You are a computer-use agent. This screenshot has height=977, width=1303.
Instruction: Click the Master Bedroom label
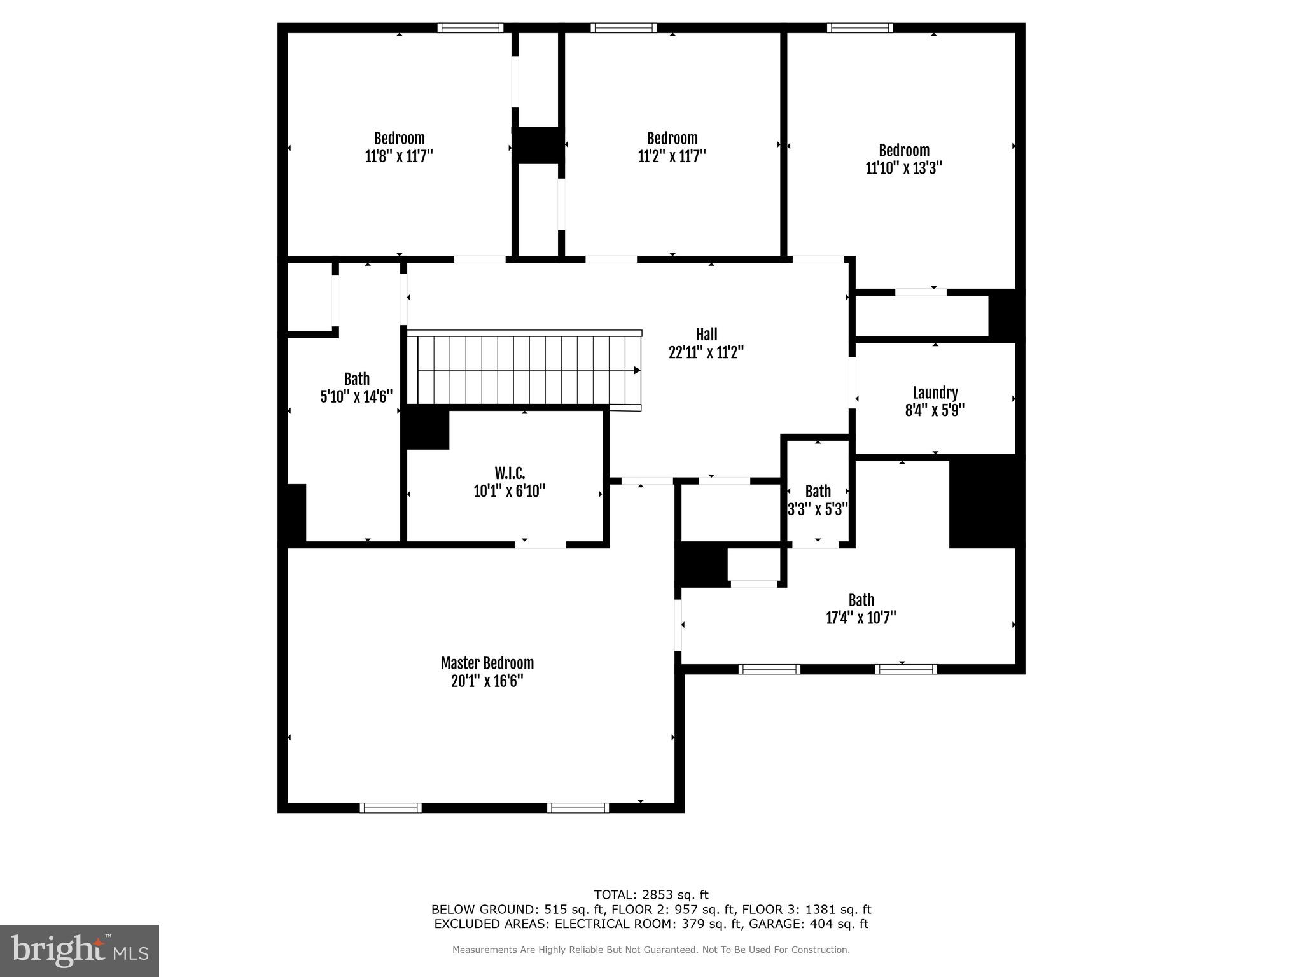coord(487,663)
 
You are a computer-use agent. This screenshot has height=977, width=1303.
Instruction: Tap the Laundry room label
coord(935,393)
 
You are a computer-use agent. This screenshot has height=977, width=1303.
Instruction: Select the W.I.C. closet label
coord(510,473)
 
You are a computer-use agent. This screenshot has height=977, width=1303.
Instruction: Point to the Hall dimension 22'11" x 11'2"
coord(706,352)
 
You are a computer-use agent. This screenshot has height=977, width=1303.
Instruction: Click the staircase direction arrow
coord(636,370)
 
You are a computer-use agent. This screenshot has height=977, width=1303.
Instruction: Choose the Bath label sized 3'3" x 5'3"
coord(818,492)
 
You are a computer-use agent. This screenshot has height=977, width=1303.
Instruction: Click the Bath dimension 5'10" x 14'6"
coord(356,397)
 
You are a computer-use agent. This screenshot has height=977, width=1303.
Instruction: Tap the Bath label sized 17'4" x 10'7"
coord(861,600)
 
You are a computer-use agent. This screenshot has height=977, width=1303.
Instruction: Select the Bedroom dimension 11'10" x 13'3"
coord(903,169)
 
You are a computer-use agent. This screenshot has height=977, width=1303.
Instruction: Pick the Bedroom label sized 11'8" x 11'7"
coord(399,139)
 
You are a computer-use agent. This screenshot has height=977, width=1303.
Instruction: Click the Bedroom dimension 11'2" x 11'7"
coord(672,156)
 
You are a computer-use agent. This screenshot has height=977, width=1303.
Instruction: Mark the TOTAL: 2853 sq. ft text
coord(651,896)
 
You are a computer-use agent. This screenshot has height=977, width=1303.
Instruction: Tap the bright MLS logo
coord(80,950)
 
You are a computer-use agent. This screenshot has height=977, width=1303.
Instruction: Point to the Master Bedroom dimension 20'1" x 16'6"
coord(487,681)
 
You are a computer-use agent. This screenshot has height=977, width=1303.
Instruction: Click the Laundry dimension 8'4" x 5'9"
coord(935,411)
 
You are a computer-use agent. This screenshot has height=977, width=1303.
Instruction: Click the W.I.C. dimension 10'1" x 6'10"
coord(510,491)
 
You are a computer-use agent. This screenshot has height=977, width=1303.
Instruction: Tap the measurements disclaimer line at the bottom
coord(651,950)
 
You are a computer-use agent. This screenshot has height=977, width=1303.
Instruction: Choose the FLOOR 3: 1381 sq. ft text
coord(806,910)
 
